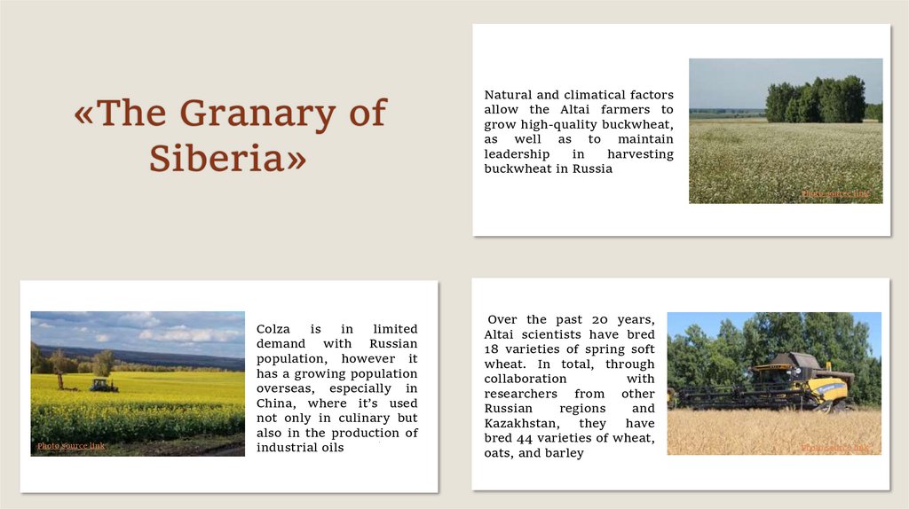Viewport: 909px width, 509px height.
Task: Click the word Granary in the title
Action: pos(257,114)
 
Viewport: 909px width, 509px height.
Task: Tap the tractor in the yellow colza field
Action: pos(102,385)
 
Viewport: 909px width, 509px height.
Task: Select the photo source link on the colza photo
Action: pos(71,445)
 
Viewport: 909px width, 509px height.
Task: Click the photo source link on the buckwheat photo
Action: pos(835,193)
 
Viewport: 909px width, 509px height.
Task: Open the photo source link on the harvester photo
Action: pos(834,448)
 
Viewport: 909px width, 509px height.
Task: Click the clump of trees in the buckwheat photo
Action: pos(815,100)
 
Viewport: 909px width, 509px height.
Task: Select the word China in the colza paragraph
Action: pos(275,403)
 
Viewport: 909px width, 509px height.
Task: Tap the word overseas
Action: pos(284,388)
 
